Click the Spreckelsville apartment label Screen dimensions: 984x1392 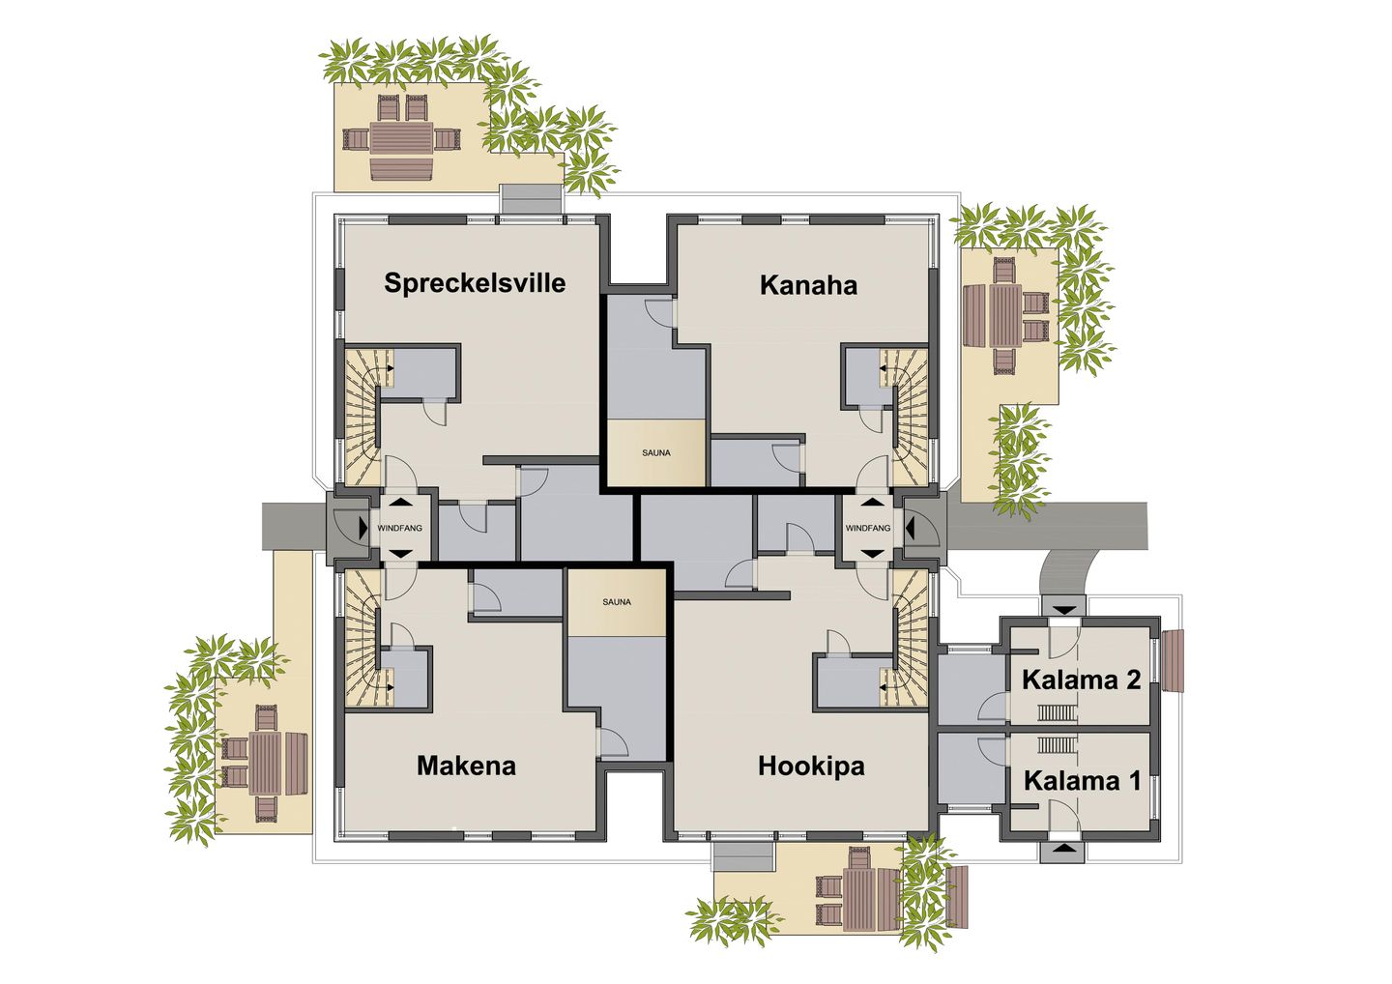(x=475, y=283)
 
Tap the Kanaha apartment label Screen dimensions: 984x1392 (x=808, y=285)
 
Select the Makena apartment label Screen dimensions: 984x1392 (x=466, y=766)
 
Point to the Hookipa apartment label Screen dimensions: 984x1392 (x=811, y=766)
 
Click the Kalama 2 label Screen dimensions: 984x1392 (x=1081, y=680)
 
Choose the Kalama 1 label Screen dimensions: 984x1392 (x=1082, y=780)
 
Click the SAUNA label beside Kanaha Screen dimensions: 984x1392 (x=655, y=452)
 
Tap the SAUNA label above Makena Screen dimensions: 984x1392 (x=617, y=602)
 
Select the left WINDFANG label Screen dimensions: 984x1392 (x=399, y=529)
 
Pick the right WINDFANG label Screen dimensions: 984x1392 (x=867, y=529)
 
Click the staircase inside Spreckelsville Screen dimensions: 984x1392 (x=363, y=416)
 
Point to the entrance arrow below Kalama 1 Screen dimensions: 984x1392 (x=1064, y=850)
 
